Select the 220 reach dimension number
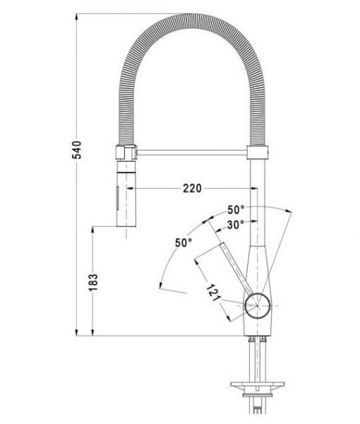click(x=191, y=187)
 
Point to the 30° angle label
click(x=236, y=224)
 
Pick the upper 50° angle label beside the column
click(x=236, y=210)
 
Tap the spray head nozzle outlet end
click(x=124, y=225)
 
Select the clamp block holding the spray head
click(x=124, y=151)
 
